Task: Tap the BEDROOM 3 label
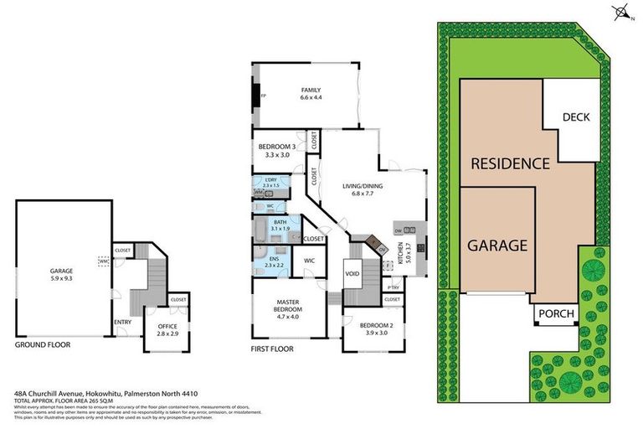[276, 150]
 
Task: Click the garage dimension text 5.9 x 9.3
[62, 277]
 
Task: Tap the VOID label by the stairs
[352, 273]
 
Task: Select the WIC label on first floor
[308, 261]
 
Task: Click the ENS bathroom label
[273, 261]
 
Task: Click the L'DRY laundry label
[270, 182]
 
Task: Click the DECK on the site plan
[576, 117]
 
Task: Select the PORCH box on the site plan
[556, 315]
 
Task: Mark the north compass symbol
[620, 12]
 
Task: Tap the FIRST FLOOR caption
[274, 345]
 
